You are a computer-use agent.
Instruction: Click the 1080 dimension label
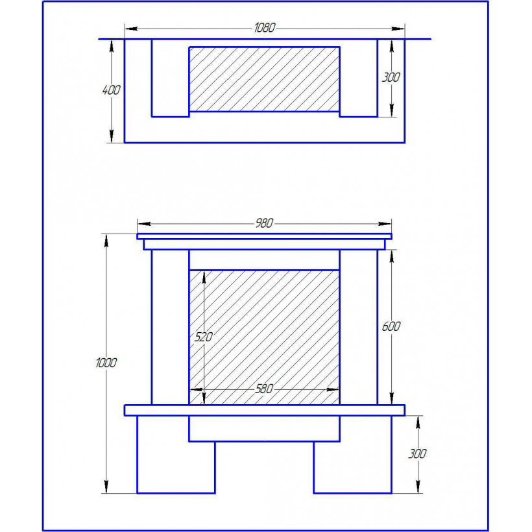tap(265, 28)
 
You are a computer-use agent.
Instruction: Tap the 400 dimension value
tap(112, 90)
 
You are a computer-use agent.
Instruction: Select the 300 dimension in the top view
tap(391, 77)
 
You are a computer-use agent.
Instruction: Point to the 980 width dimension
tap(264, 223)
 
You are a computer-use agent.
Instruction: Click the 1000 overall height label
tap(106, 363)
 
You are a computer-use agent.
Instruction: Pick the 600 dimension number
tap(391, 326)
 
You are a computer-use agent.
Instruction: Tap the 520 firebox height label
tap(203, 337)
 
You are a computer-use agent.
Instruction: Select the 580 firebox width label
tap(264, 389)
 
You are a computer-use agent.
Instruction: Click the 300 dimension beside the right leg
tap(417, 453)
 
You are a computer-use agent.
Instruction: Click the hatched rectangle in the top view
tap(264, 79)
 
